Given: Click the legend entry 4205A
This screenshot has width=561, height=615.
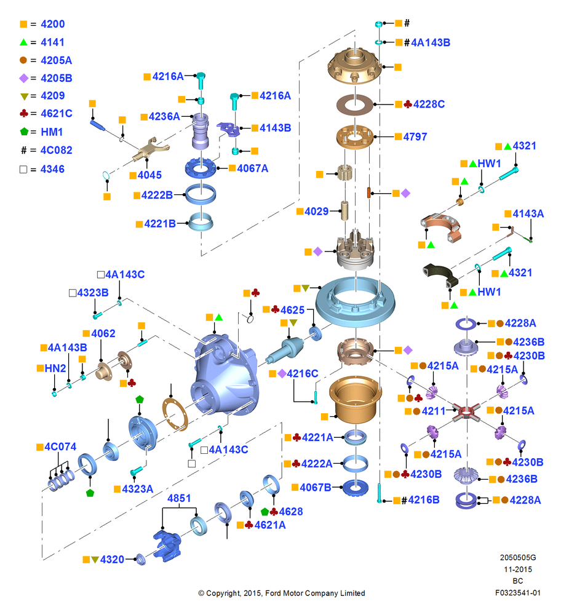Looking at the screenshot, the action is click(x=56, y=60).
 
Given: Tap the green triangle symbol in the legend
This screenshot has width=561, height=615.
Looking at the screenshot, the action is click(x=23, y=42).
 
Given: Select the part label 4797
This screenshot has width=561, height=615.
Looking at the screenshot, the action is click(x=415, y=137).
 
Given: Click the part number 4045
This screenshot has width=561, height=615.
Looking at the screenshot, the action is click(x=149, y=175).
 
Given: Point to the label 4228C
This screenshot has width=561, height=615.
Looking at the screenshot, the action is click(x=429, y=105).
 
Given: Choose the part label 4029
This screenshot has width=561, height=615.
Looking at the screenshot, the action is click(x=317, y=212).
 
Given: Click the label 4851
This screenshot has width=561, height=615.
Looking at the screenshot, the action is click(x=179, y=498).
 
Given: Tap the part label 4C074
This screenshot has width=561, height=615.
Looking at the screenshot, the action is click(x=60, y=446).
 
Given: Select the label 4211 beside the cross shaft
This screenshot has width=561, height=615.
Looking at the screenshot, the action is click(x=434, y=411).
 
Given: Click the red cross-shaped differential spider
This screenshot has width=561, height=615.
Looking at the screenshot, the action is click(x=466, y=412).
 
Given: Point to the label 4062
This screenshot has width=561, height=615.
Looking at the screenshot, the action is click(x=103, y=333).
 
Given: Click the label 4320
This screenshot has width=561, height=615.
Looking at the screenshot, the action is click(x=112, y=559).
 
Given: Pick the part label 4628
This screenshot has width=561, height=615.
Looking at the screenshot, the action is click(x=291, y=512).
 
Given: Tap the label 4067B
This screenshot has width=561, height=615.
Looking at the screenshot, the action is click(x=316, y=488).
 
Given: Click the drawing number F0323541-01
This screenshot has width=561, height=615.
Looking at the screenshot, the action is click(x=518, y=593).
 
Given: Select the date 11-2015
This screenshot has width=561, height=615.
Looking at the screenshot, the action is click(x=518, y=569).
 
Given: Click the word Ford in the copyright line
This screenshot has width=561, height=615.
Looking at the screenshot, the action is click(x=273, y=593).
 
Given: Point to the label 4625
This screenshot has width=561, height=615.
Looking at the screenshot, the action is click(x=293, y=310).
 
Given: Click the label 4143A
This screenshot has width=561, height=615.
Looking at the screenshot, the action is click(x=528, y=214).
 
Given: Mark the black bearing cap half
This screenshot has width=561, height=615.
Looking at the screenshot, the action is click(x=440, y=274).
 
